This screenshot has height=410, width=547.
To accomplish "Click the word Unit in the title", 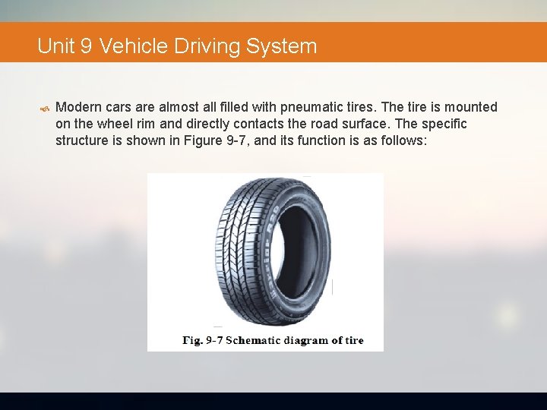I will tap(56, 46).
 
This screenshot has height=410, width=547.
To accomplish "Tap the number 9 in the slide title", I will tap(85, 46).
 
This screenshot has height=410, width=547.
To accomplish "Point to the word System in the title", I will tap(281, 46).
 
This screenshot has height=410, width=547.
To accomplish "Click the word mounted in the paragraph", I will tap(469, 107).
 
